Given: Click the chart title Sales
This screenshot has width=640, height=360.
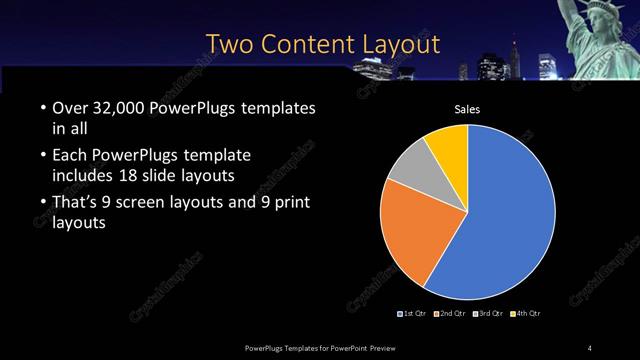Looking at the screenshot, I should click(468, 108).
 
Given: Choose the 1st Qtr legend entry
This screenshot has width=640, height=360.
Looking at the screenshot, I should click(414, 314).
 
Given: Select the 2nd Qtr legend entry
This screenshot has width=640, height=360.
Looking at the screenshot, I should click(452, 314).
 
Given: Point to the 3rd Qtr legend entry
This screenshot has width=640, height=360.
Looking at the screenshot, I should click(490, 314).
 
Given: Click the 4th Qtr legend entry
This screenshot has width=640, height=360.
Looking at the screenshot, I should click(527, 314).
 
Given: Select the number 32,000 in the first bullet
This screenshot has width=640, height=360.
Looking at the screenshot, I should click(120, 107).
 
